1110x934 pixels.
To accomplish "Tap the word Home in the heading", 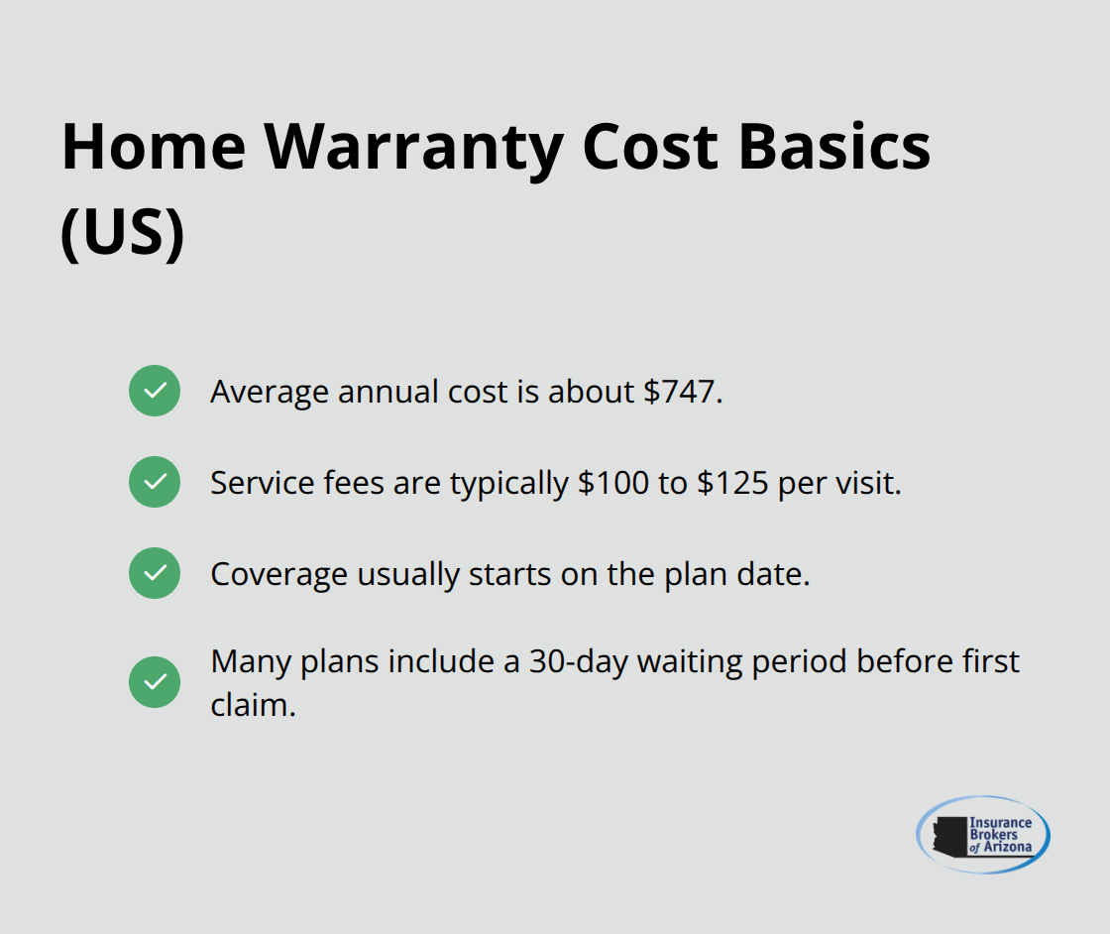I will click(x=154, y=147).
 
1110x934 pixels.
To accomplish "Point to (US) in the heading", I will click(x=123, y=234).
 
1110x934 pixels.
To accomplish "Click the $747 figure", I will click(x=683, y=392).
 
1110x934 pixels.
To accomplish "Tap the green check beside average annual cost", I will click(x=155, y=391).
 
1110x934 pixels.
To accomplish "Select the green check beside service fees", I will click(x=155, y=482).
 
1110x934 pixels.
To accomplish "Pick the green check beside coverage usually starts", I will click(x=155, y=573).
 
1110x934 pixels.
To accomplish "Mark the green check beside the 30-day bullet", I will click(x=155, y=682).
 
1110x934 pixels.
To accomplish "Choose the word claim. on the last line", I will click(x=254, y=705).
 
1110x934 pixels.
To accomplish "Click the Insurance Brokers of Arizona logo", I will click(x=983, y=835).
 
